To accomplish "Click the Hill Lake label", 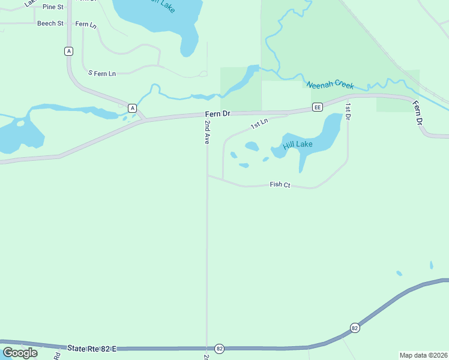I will pyautogui.click(x=298, y=145).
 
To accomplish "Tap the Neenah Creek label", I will pyautogui.click(x=330, y=85).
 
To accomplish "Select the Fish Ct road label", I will pyautogui.click(x=280, y=185).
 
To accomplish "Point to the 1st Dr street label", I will pyautogui.click(x=348, y=110).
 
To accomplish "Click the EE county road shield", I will pyautogui.click(x=318, y=107).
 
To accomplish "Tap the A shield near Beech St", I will pyautogui.click(x=69, y=52).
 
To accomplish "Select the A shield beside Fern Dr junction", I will pyautogui.click(x=132, y=108).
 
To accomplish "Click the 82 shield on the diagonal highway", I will pyautogui.click(x=355, y=328).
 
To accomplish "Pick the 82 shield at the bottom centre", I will pyautogui.click(x=219, y=349).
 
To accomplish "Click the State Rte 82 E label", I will pyautogui.click(x=92, y=349).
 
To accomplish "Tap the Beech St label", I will pyautogui.click(x=50, y=23).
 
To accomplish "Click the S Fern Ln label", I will pyautogui.click(x=101, y=73).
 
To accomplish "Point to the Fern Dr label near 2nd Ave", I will pyautogui.click(x=217, y=113).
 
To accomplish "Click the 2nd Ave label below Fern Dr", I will pyautogui.click(x=207, y=132).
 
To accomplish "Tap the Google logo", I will pyautogui.click(x=20, y=353).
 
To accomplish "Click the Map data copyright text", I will pyautogui.click(x=423, y=355).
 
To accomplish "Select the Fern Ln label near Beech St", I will pyautogui.click(x=86, y=25).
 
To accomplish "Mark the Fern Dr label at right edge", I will pyautogui.click(x=418, y=113).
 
